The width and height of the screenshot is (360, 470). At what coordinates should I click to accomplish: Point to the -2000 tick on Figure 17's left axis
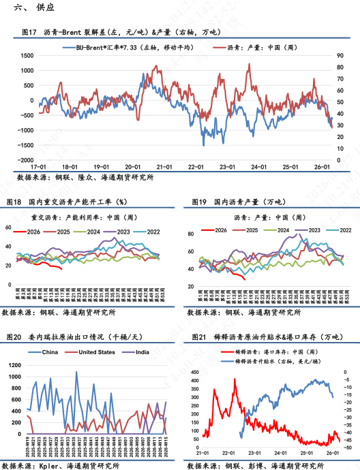(22, 158)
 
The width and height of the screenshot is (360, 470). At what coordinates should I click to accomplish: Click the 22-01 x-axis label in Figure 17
(196, 166)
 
